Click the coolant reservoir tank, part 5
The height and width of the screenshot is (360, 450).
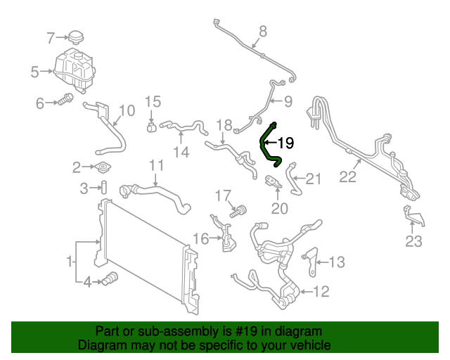[x=72, y=69]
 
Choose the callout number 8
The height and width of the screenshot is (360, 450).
[x=263, y=31]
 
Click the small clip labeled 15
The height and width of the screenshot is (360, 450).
[x=152, y=128]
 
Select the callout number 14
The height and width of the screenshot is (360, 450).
[x=181, y=151]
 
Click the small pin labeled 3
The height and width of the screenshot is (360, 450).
[x=103, y=188]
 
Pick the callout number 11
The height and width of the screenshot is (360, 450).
[x=156, y=166]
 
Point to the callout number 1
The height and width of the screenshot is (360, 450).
[x=70, y=262]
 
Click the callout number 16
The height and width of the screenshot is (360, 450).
[x=200, y=239]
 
